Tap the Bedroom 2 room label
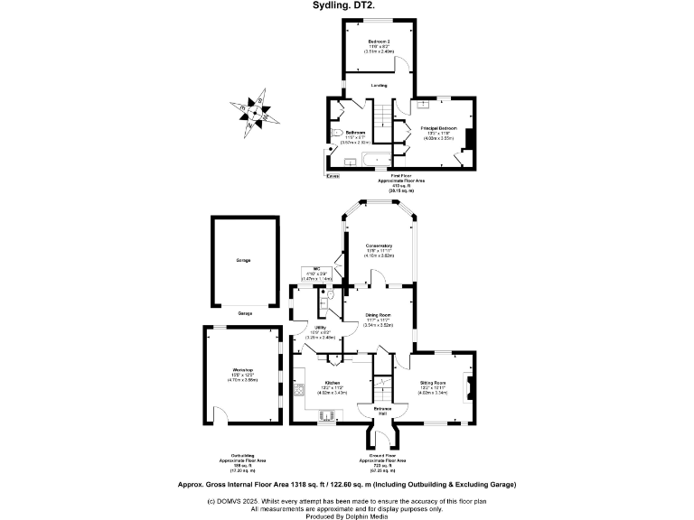pyautogui.click(x=378, y=42)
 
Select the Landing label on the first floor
pyautogui.click(x=379, y=86)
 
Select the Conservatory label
pyautogui.click(x=379, y=246)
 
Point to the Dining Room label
pyautogui.click(x=378, y=316)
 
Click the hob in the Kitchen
pyautogui.click(x=297, y=392)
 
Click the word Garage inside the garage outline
pyautogui.click(x=243, y=260)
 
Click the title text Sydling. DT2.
pyautogui.click(x=347, y=6)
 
